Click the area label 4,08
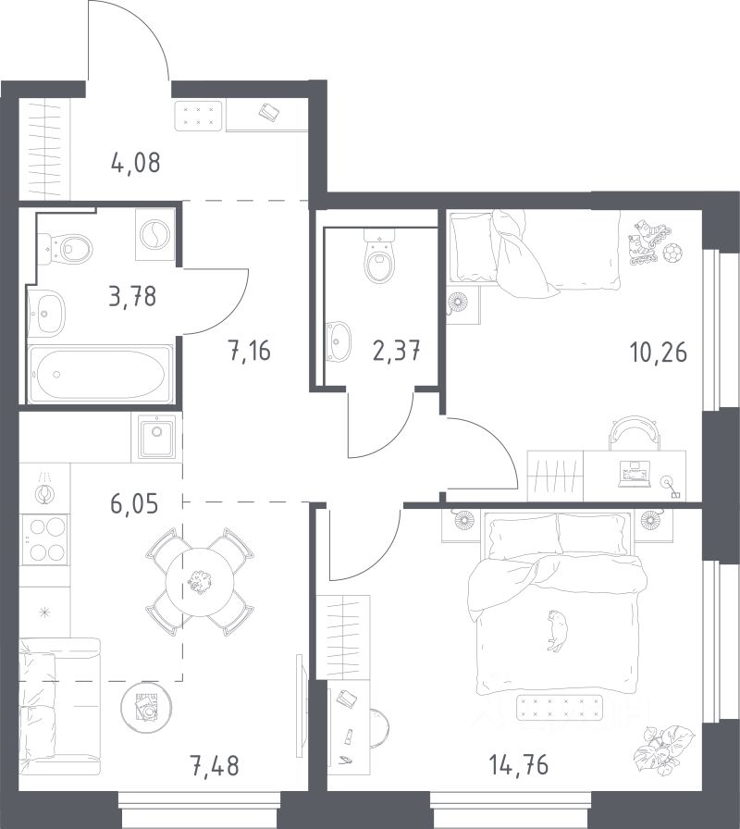(136, 162)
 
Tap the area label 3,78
(132, 296)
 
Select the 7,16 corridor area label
(250, 351)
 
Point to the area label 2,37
(397, 351)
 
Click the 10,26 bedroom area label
(659, 352)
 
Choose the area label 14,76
(519, 764)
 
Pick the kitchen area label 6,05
(134, 504)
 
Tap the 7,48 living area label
(215, 765)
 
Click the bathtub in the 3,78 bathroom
(101, 374)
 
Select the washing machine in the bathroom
(154, 234)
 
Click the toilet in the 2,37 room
(379, 256)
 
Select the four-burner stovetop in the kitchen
(47, 539)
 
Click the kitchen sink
(156, 436)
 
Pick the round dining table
(200, 582)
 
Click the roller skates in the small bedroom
(648, 241)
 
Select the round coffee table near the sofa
(146, 708)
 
